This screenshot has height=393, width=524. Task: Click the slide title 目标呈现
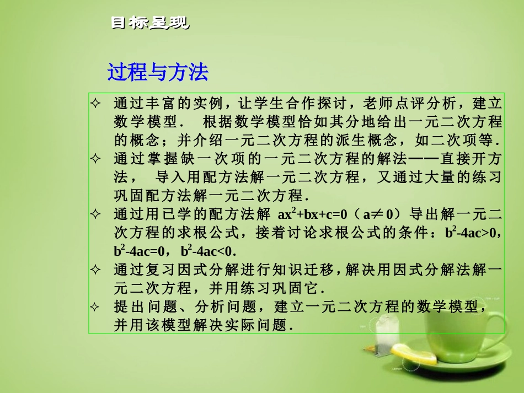click(149, 23)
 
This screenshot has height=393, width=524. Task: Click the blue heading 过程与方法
click(157, 72)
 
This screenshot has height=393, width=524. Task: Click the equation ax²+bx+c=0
click(311, 214)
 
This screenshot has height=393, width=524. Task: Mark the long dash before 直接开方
click(423, 159)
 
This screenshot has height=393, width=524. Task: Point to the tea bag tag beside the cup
click(384, 331)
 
